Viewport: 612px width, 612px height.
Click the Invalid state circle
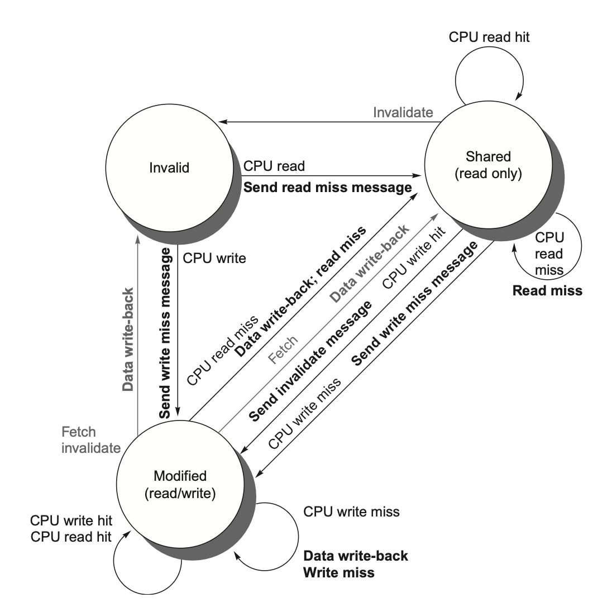tap(169, 167)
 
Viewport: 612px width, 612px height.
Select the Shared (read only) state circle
tap(487, 165)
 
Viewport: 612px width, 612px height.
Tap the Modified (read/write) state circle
tap(179, 484)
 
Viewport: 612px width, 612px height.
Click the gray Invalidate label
tap(403, 112)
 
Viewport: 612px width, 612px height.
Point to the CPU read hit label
tap(489, 37)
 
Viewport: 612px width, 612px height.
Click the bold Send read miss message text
tap(327, 188)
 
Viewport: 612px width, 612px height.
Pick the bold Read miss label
tap(547, 290)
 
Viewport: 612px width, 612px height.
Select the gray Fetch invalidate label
tap(91, 439)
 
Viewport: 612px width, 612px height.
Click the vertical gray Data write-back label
tap(128, 339)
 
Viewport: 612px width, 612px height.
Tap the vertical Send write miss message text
tap(165, 333)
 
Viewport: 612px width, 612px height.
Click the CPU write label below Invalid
tap(214, 259)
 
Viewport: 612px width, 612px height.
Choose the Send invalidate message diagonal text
tap(310, 361)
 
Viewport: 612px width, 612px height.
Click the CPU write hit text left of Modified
tap(71, 521)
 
